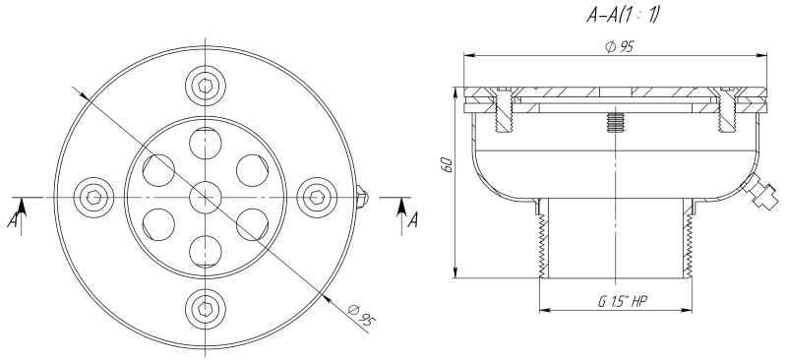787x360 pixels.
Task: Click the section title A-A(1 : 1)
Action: point(622,16)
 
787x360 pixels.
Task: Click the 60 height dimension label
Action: point(449,164)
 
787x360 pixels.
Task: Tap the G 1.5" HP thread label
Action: point(623,301)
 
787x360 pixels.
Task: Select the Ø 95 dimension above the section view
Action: point(621,46)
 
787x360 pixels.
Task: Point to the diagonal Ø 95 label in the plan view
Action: point(361,316)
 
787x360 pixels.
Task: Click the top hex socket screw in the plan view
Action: point(206,86)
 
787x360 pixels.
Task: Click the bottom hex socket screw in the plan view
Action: point(206,309)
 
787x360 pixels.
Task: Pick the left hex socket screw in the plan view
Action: point(93,198)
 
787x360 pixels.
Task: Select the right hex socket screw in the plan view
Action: point(317,198)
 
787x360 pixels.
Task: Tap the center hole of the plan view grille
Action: point(206,198)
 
